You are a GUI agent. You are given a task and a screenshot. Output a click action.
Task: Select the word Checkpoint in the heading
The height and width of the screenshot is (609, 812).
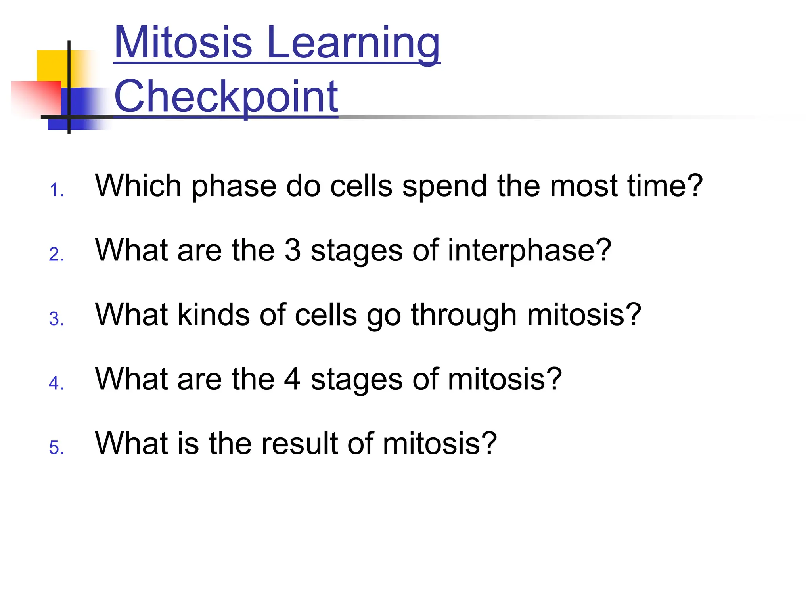pyautogui.click(x=226, y=97)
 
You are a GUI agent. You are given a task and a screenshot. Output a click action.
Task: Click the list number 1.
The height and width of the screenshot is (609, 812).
pyautogui.click(x=56, y=190)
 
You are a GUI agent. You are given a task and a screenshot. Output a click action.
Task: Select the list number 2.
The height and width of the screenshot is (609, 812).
pyautogui.click(x=56, y=255)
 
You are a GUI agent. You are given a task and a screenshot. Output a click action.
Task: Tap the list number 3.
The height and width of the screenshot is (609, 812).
pyautogui.click(x=56, y=319)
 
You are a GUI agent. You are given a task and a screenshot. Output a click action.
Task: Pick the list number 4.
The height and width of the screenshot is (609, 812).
pyautogui.click(x=56, y=383)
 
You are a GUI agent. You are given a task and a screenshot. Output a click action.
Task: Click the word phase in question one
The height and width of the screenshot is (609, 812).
pyautogui.click(x=234, y=186)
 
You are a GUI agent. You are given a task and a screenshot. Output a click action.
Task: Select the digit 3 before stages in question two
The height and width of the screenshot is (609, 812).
pyautogui.click(x=293, y=250)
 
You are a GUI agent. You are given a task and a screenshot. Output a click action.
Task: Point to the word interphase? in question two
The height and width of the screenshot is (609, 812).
pyautogui.click(x=530, y=251)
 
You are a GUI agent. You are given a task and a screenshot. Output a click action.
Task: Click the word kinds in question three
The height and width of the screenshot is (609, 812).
pyautogui.click(x=214, y=315)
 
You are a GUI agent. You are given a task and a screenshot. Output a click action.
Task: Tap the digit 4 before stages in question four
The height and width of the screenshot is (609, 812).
pyautogui.click(x=292, y=379)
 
